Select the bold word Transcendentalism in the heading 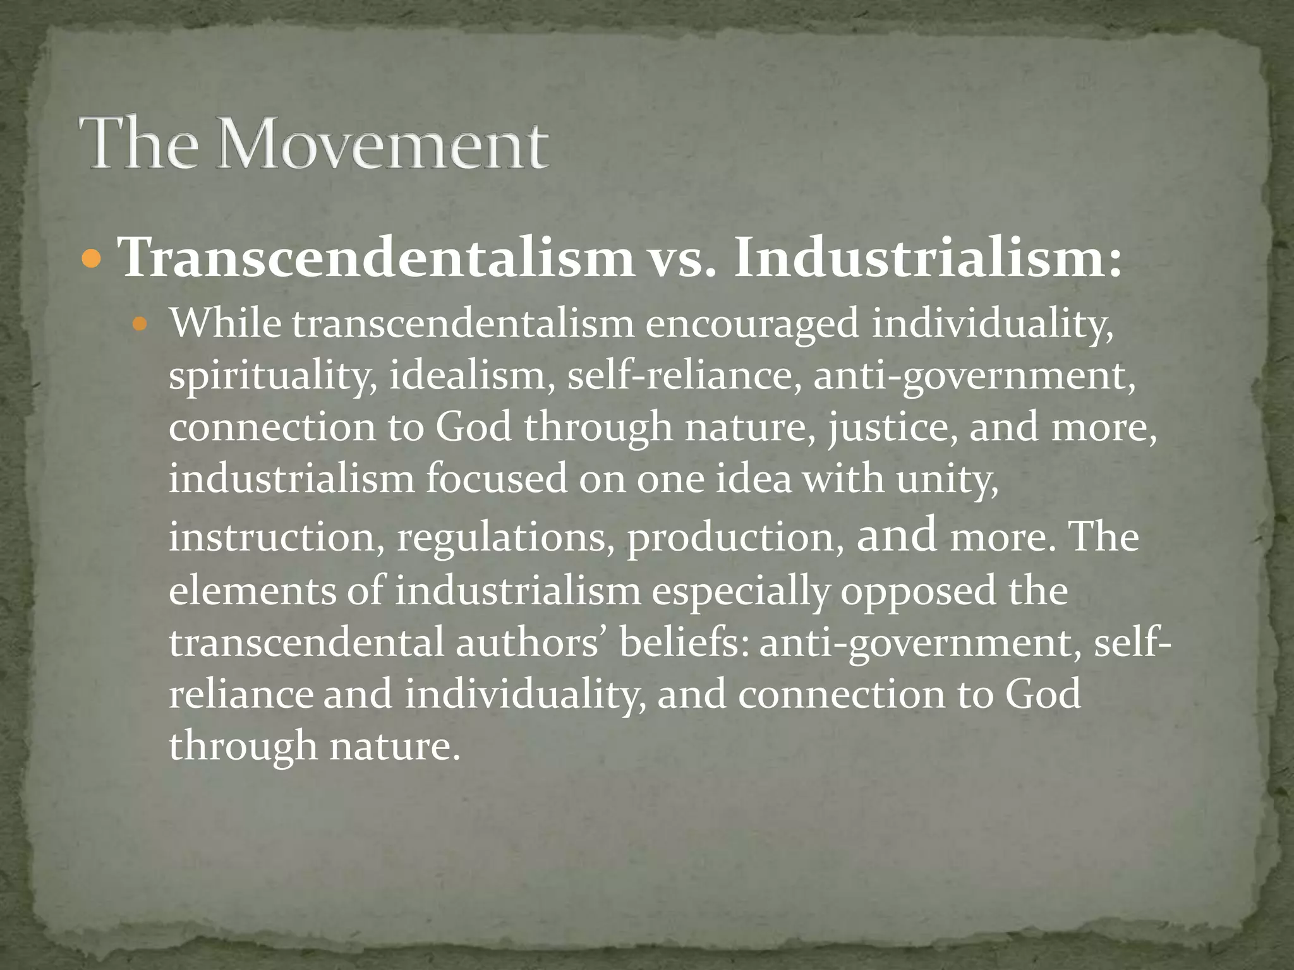point(377,258)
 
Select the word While point(224,323)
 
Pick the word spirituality point(273,376)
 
